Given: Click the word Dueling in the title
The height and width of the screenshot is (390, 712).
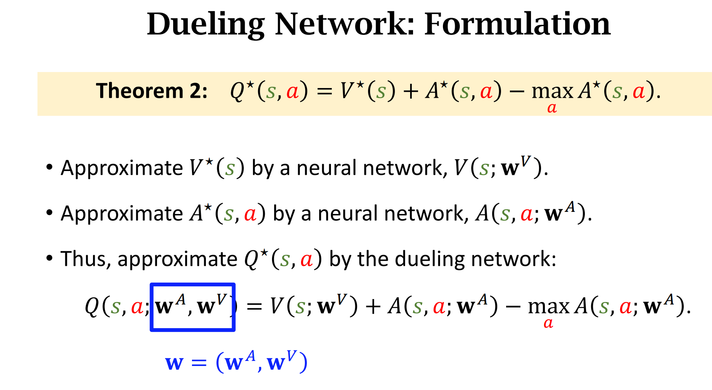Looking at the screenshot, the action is tap(205, 24).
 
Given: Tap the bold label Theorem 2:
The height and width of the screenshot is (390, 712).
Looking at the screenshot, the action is tap(152, 91).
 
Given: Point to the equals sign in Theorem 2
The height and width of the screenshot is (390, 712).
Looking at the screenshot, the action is tap(324, 91).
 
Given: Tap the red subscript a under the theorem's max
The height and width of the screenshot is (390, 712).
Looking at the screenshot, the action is tap(552, 108).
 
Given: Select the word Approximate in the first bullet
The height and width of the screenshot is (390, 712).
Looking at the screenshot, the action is tap(122, 168).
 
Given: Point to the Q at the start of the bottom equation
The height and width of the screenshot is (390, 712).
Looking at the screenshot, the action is tap(92, 306).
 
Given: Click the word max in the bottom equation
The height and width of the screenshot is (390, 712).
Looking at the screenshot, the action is tap(548, 307).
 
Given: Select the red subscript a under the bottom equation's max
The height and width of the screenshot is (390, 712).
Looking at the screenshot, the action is tap(548, 323).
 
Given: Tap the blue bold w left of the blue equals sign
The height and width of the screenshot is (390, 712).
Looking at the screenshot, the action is tap(174, 363).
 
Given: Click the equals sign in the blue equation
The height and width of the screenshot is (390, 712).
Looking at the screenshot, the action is tap(199, 363).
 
